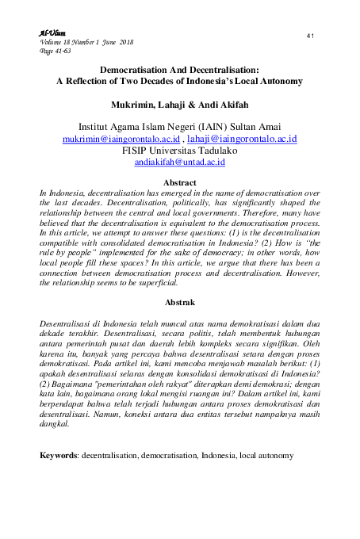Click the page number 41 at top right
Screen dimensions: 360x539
click(x=310, y=36)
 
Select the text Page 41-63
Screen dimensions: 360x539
click(x=54, y=50)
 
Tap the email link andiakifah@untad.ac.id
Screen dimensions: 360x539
click(x=180, y=161)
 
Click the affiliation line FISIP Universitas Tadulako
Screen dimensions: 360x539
click(x=180, y=149)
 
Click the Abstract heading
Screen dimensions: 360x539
click(x=179, y=183)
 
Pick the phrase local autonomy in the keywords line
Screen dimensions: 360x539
click(x=267, y=457)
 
